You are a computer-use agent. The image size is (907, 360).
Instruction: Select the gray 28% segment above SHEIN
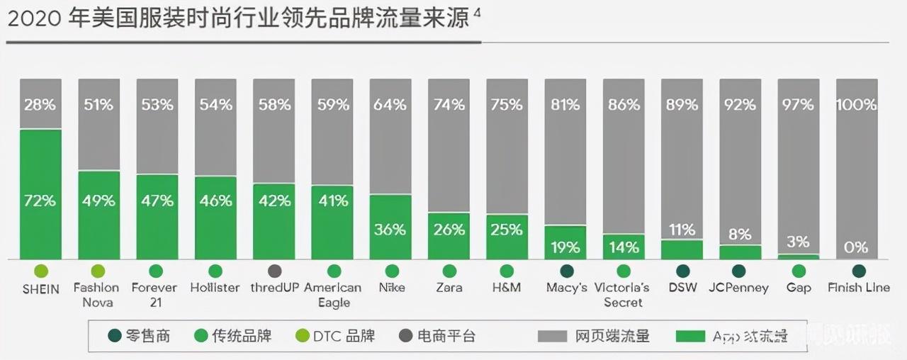[x=40, y=104]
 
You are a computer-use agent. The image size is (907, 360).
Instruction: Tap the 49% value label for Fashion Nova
[x=98, y=201]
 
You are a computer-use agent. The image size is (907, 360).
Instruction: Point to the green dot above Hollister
[x=215, y=271]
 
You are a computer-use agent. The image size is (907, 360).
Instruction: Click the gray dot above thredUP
[x=274, y=271]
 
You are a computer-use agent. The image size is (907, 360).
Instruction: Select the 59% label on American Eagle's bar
[x=332, y=105]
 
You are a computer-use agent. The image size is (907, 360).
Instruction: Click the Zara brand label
[x=449, y=288]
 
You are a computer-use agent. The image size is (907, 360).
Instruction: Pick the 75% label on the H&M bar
[x=507, y=105]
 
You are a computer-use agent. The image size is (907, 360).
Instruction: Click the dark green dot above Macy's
[x=566, y=271]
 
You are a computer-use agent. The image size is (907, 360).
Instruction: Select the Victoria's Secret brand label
[x=624, y=295]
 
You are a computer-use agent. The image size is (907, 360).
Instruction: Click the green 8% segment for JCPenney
[x=740, y=252]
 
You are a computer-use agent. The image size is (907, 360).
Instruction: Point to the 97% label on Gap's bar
[x=798, y=105]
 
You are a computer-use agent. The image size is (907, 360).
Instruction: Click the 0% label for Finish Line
[x=857, y=247]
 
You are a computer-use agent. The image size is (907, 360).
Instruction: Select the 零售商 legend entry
[x=141, y=336]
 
